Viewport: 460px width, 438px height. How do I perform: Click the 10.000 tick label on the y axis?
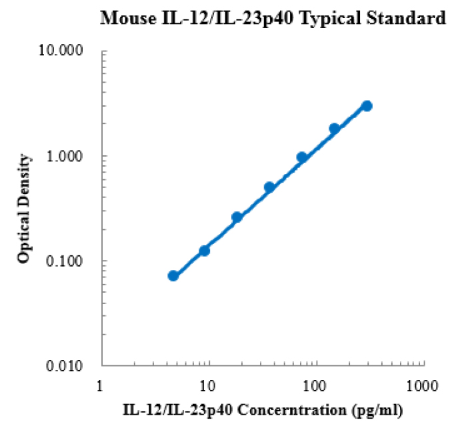point(71,51)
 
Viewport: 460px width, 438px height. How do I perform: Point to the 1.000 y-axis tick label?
point(74,156)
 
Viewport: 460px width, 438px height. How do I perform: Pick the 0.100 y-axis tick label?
point(74,261)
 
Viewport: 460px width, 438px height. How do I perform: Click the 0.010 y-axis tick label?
point(74,366)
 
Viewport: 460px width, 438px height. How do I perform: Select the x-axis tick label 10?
point(208,385)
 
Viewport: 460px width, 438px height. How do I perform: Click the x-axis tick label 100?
point(315,385)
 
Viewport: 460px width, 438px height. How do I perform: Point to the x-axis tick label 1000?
point(423,385)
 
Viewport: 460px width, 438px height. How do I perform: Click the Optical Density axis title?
point(25,208)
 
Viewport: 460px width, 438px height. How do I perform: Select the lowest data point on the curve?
point(173,275)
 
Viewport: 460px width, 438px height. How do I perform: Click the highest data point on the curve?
point(367,106)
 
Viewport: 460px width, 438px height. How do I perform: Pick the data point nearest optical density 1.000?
point(302,157)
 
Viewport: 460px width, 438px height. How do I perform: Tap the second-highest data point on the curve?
point(335,129)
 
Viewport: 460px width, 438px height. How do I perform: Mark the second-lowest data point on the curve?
point(205,251)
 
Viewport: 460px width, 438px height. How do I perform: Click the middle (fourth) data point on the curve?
point(269,187)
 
